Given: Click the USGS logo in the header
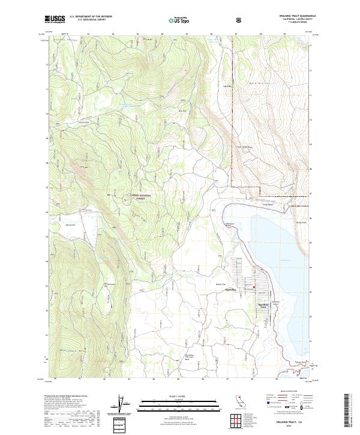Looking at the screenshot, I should coord(55,19).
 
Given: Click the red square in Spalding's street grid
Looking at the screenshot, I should coord(254,287).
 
